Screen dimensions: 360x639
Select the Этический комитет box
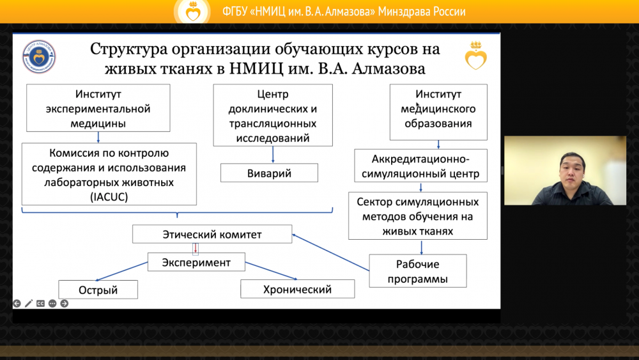212,235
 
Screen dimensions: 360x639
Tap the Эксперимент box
196,262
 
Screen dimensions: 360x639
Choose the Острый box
98,290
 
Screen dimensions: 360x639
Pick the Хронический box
297,290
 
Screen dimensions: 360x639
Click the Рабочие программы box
417,271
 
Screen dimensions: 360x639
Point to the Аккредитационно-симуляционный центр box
420,166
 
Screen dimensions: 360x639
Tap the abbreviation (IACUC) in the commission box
109,198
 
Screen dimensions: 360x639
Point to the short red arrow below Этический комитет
196,249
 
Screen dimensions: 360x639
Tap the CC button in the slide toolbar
40,304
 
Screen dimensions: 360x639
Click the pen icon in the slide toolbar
29,304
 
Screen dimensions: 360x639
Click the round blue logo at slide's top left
39,56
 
